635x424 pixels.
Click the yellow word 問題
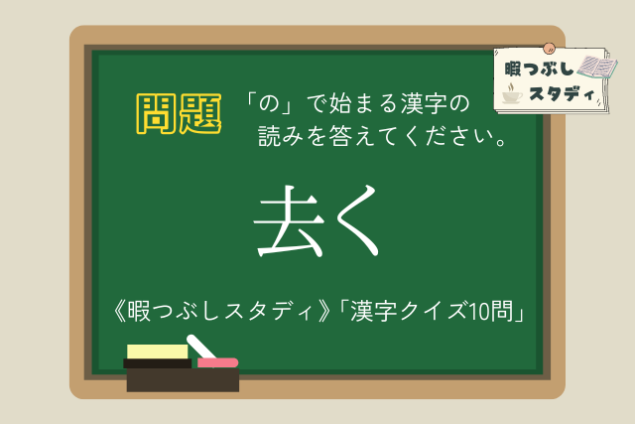[179, 113]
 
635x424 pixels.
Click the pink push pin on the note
[549, 49]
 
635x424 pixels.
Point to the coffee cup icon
[512, 93]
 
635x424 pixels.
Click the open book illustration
[597, 67]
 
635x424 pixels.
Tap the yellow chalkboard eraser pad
[157, 352]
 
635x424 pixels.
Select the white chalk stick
[200, 347]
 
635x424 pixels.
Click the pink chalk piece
[217, 362]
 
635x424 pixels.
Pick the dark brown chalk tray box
[183, 380]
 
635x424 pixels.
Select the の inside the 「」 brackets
[269, 103]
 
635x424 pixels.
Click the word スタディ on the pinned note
[562, 94]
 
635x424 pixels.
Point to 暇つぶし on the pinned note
[539, 69]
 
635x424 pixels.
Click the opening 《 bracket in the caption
[119, 312]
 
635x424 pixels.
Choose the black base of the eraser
[157, 363]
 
